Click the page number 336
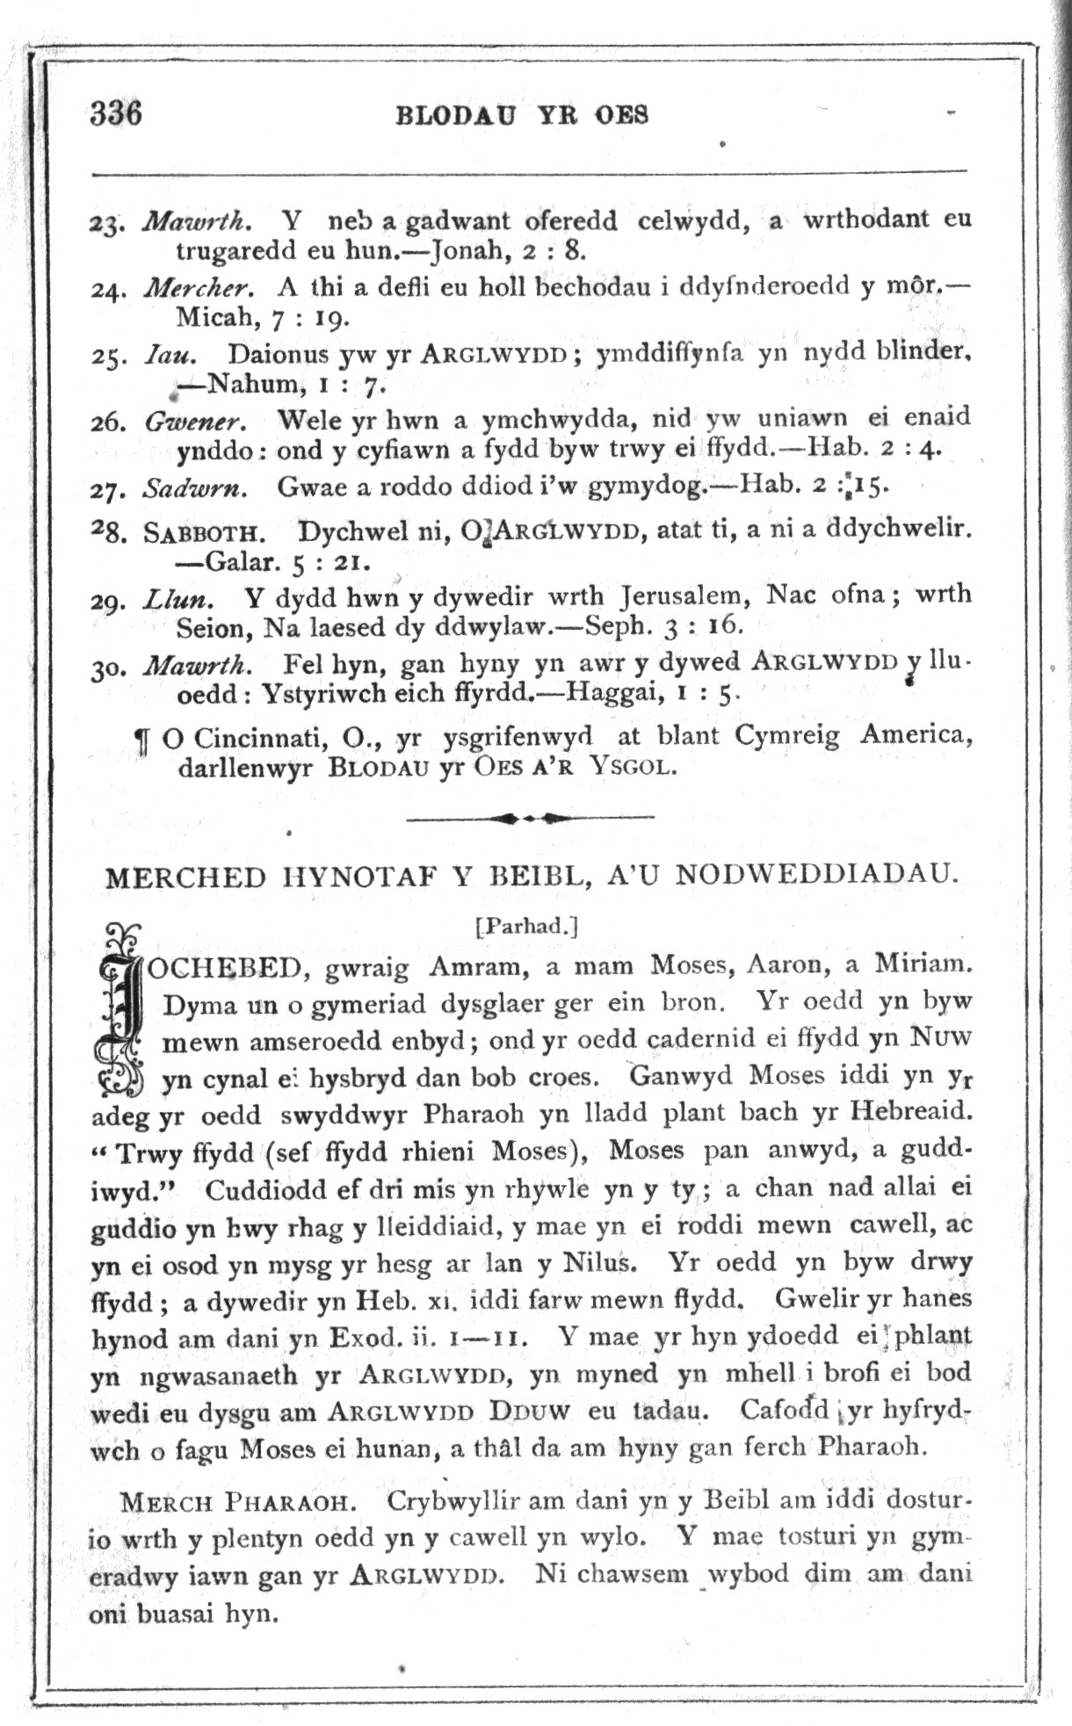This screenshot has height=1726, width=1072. click(115, 113)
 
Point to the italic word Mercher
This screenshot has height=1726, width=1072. click(199, 287)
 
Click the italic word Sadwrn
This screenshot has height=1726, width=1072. click(195, 487)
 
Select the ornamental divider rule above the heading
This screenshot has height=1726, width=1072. click(529, 819)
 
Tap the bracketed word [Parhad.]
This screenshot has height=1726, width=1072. click(525, 925)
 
